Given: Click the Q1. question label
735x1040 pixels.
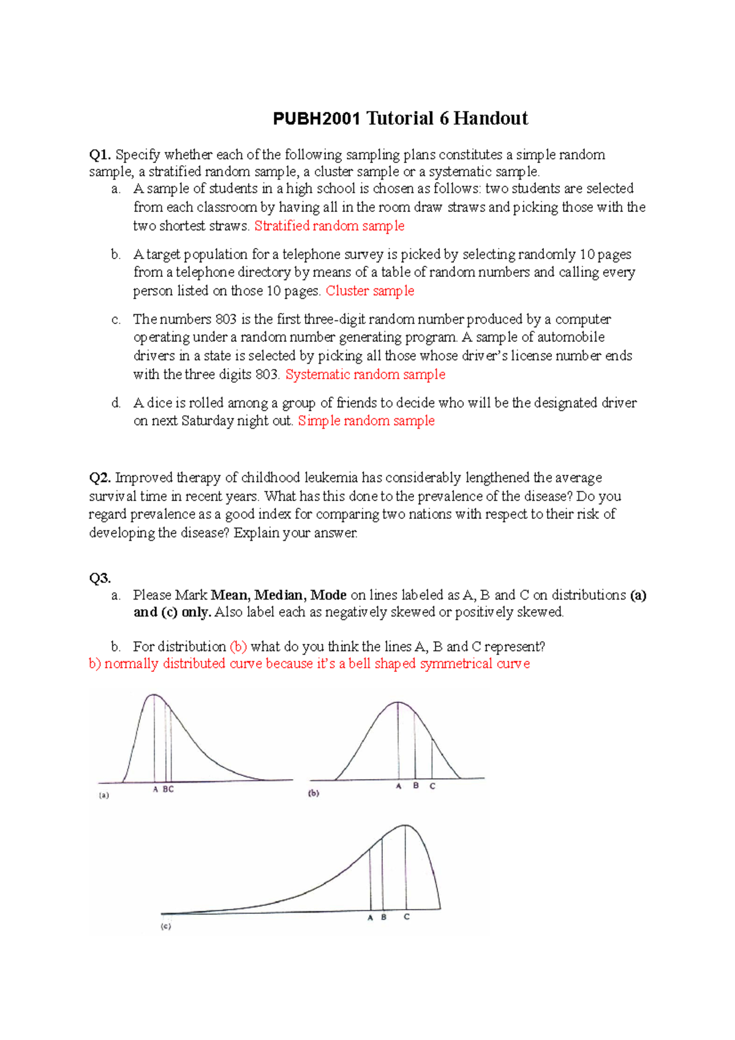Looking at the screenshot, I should pyautogui.click(x=100, y=155).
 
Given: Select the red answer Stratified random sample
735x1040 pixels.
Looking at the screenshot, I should pyautogui.click(x=329, y=226).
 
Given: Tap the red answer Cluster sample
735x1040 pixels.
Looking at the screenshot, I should pyautogui.click(x=370, y=291).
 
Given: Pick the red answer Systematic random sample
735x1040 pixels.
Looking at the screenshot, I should pyautogui.click(x=366, y=375).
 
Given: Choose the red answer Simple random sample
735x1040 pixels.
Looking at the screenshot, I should pyautogui.click(x=366, y=421).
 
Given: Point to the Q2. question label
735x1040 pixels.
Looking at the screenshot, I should pyautogui.click(x=100, y=478).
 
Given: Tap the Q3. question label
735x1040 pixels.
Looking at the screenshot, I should pyautogui.click(x=100, y=578).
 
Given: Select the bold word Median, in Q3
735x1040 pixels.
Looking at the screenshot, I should pyautogui.click(x=280, y=595).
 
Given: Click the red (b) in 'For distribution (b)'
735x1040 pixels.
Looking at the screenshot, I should pyautogui.click(x=238, y=647).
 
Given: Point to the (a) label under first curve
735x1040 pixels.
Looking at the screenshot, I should pyautogui.click(x=104, y=796).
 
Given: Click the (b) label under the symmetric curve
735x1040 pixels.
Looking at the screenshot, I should pyautogui.click(x=314, y=793).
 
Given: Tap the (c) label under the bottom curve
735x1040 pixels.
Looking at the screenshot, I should pyautogui.click(x=166, y=927).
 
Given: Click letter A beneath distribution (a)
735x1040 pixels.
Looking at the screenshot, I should pyautogui.click(x=156, y=789).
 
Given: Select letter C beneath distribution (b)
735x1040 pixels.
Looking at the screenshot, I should pyautogui.click(x=432, y=786).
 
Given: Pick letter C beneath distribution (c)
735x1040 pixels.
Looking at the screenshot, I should pyautogui.click(x=406, y=917).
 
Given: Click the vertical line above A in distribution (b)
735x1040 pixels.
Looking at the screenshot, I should pyautogui.click(x=398, y=741).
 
